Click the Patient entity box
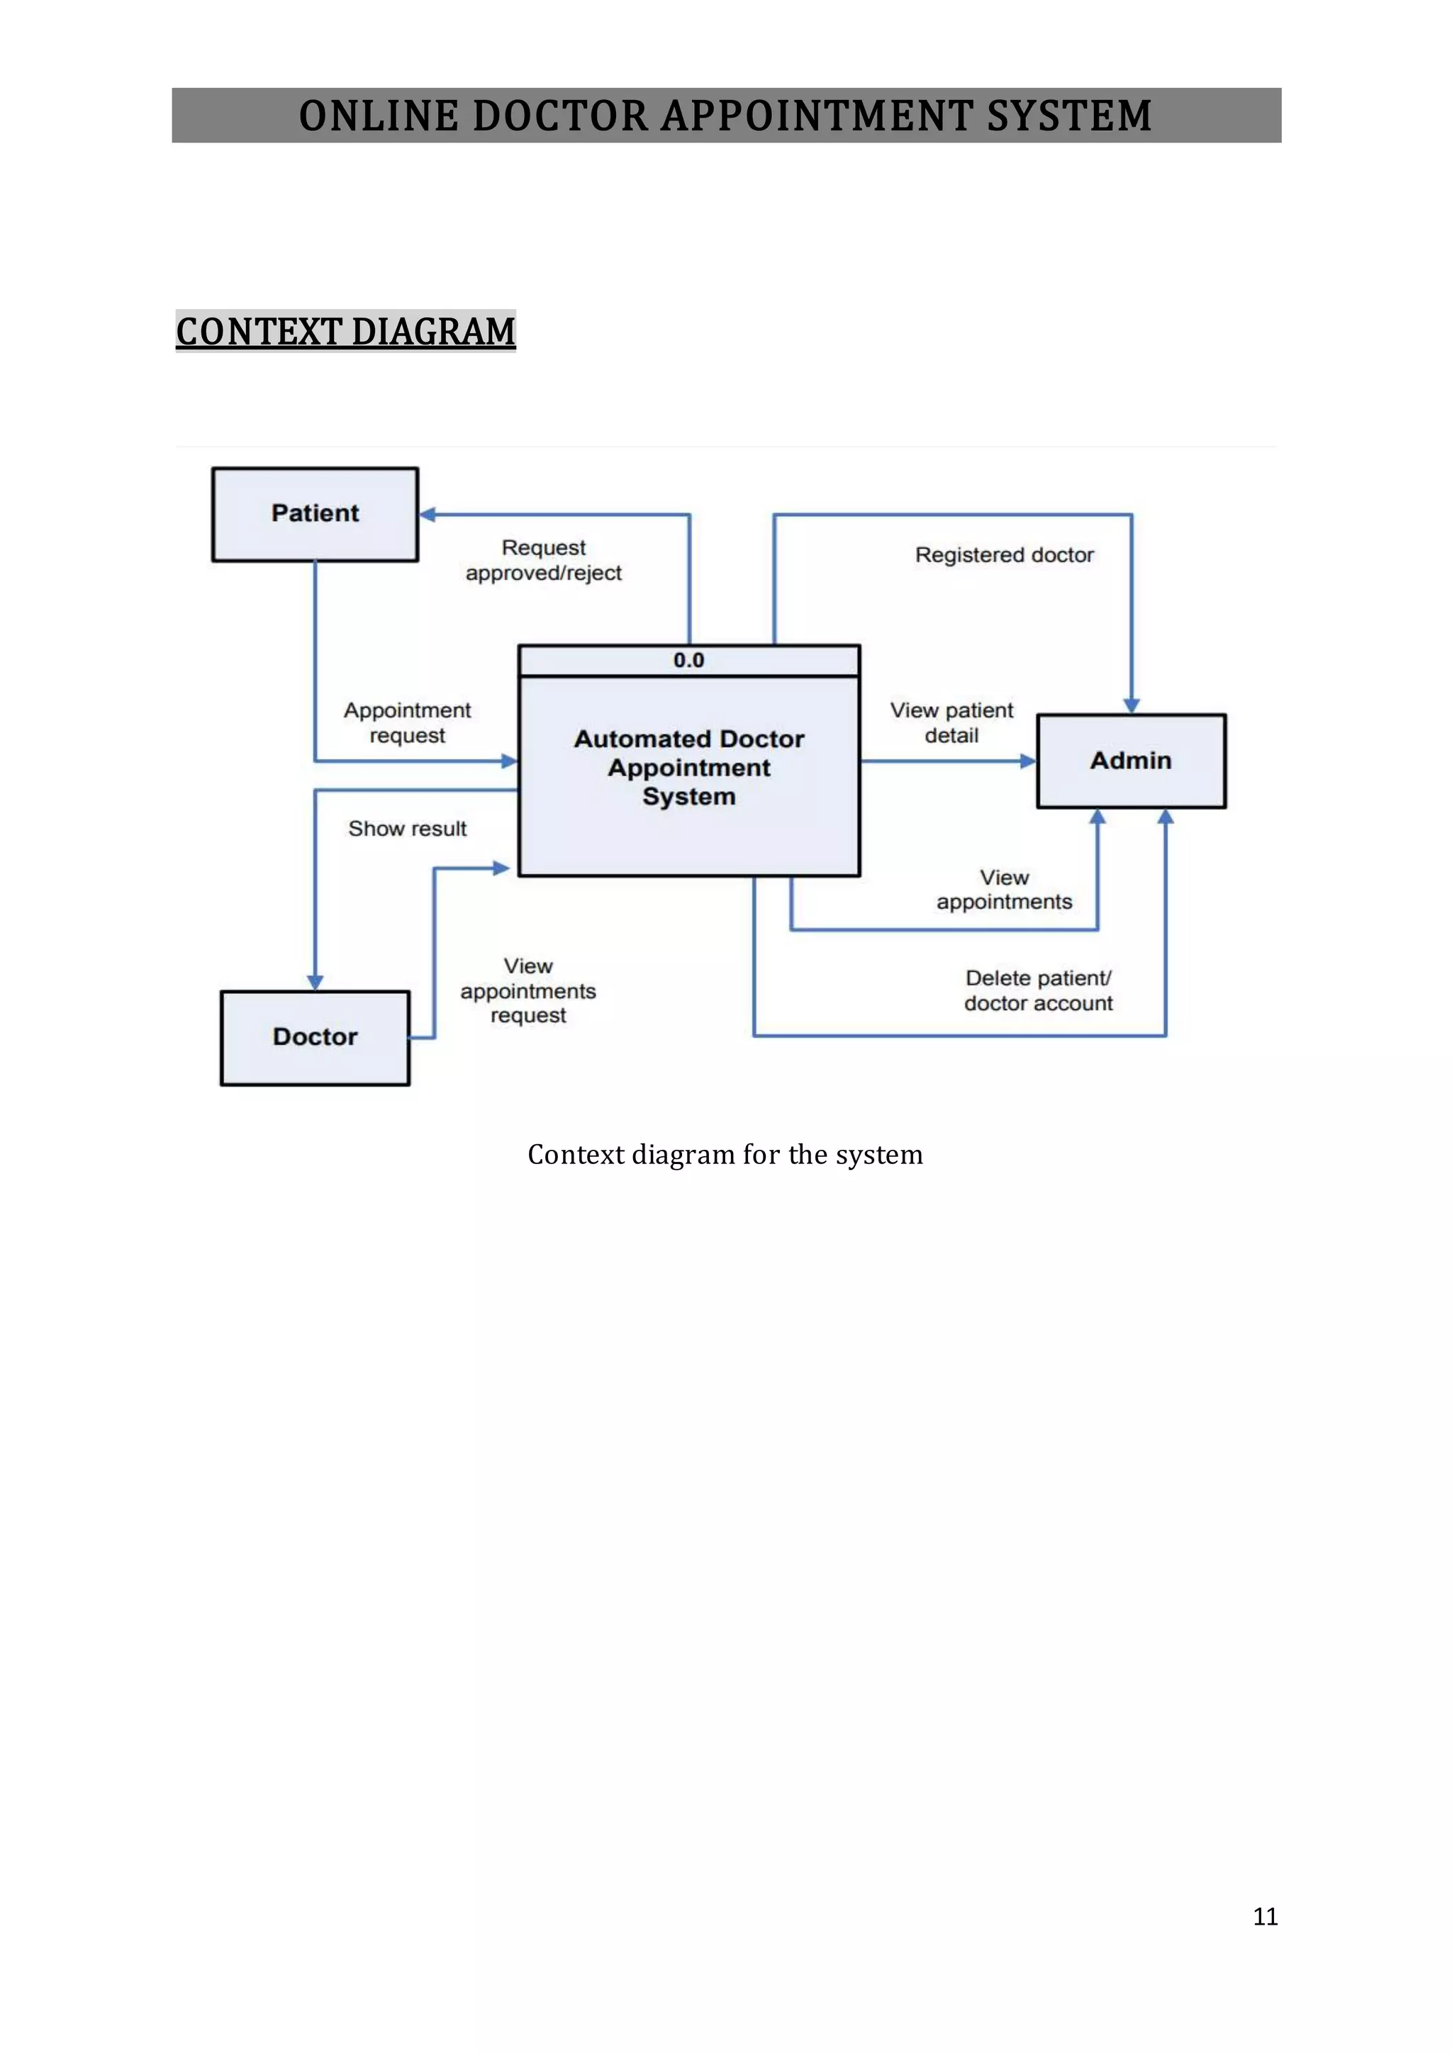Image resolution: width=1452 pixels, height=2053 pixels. pyautogui.click(x=315, y=514)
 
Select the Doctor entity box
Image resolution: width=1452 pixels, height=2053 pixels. pyautogui.click(x=315, y=1037)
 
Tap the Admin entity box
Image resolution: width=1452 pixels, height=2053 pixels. pyautogui.click(x=1130, y=761)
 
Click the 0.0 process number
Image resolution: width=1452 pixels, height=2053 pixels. pyautogui.click(x=688, y=661)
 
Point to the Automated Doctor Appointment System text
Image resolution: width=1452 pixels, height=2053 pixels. pyautogui.click(x=688, y=767)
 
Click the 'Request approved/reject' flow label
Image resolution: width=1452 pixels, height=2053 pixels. pyautogui.click(x=544, y=560)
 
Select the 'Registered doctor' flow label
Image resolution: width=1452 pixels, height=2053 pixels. pyautogui.click(x=1004, y=555)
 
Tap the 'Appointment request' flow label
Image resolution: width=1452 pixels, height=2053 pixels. pyautogui.click(x=407, y=722)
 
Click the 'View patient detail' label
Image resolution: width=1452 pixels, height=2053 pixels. pyautogui.click(x=951, y=722)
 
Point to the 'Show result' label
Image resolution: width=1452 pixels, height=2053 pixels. pyautogui.click(x=407, y=829)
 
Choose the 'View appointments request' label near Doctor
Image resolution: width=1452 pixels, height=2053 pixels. pyautogui.click(x=527, y=991)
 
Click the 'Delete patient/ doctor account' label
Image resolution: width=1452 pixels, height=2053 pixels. pyautogui.click(x=1038, y=991)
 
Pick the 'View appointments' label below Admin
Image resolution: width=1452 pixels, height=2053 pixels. pyautogui.click(x=1004, y=890)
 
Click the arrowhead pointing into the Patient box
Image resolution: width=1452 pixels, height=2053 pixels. pyautogui.click(x=428, y=515)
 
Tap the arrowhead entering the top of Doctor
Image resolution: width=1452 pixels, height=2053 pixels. pyautogui.click(x=315, y=983)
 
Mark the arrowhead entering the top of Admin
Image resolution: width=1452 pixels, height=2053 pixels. pyautogui.click(x=1131, y=705)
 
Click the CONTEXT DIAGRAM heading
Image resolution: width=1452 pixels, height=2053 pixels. pyautogui.click(x=345, y=332)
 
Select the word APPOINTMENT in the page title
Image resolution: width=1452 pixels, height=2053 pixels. pyautogui.click(x=816, y=116)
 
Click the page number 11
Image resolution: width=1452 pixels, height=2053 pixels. pyautogui.click(x=1264, y=1916)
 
